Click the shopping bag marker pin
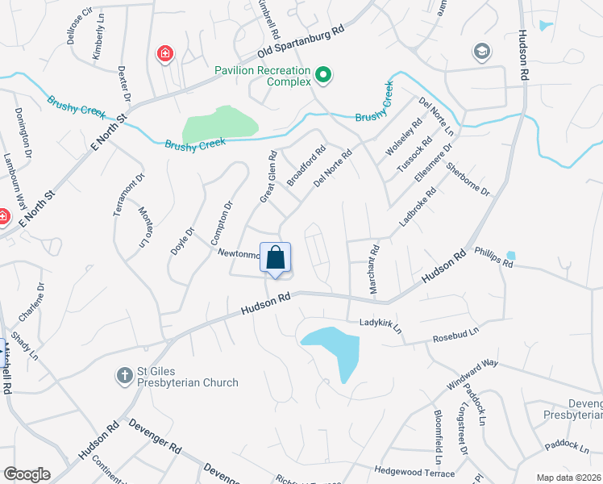275,259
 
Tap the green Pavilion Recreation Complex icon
323,76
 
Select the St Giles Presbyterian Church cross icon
125,374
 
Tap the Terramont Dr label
128,194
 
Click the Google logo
27,474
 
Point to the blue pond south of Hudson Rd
335,347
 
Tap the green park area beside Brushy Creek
219,125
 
